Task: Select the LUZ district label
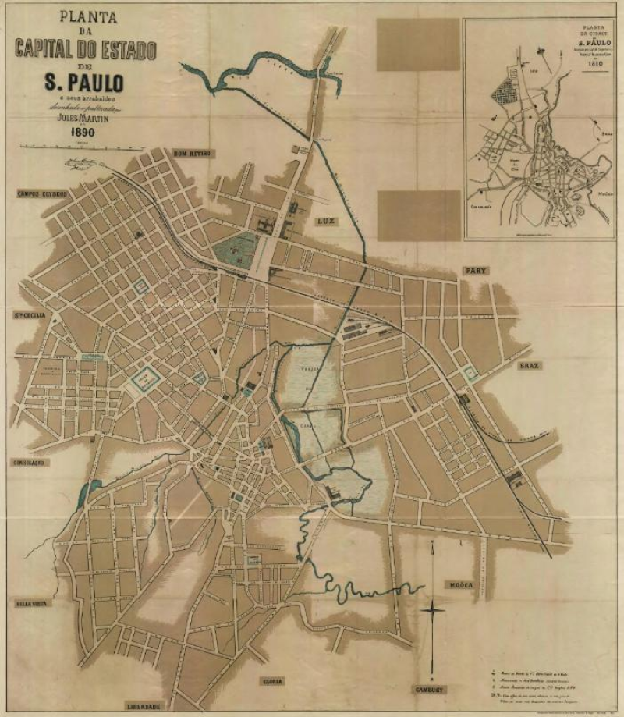pos(325,222)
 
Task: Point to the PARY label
pos(476,271)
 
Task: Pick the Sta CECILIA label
pos(29,315)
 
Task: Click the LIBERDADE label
pos(144,707)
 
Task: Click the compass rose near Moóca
pos(433,609)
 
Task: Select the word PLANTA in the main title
pos(85,16)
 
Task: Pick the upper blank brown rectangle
pos(418,44)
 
